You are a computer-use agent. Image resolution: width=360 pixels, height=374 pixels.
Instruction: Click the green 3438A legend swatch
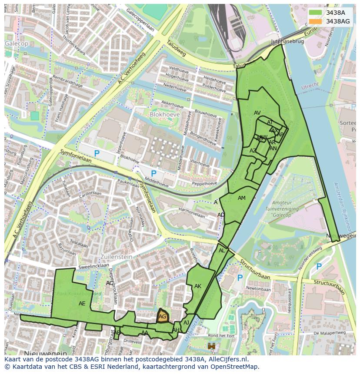point(316,13)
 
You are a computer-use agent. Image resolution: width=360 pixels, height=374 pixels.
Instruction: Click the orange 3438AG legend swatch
point(316,21)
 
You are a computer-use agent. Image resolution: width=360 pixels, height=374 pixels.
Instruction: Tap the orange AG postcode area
point(162,317)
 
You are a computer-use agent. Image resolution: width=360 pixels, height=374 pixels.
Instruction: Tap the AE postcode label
point(82,304)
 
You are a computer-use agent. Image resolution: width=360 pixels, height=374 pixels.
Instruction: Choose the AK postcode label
point(198,286)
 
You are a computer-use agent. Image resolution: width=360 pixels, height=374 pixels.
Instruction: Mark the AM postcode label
point(242,198)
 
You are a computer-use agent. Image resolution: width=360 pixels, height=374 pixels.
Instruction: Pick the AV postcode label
point(257,113)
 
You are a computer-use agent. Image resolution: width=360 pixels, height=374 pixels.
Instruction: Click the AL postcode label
point(222,251)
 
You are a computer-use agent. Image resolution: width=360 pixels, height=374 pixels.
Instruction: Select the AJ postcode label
point(186,322)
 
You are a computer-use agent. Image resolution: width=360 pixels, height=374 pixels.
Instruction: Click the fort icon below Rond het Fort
point(212,346)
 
